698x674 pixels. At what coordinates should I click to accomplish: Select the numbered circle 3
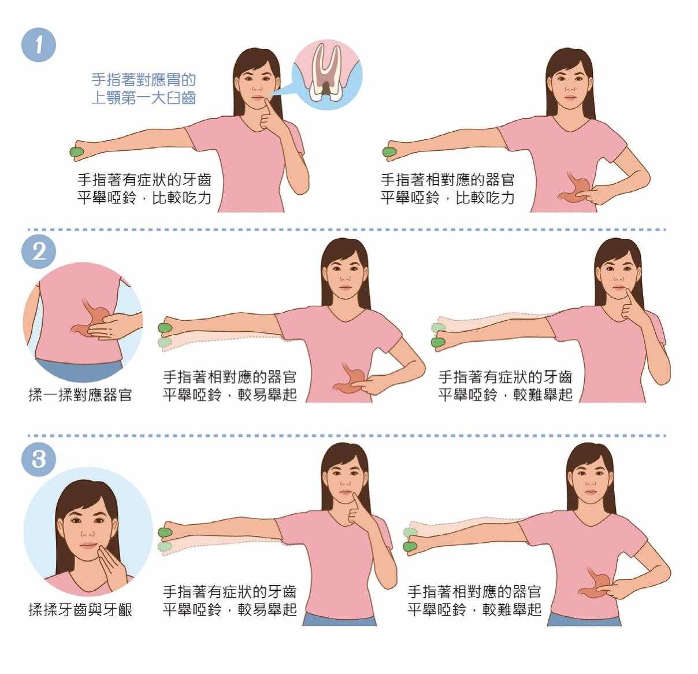39,460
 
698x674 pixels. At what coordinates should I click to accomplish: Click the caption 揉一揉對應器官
80,395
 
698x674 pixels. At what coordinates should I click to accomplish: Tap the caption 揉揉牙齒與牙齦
80,609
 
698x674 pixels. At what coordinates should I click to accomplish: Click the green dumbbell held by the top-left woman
77,152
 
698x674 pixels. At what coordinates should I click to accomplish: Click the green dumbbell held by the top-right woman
389,152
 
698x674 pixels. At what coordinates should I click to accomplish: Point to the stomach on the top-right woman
576,190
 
